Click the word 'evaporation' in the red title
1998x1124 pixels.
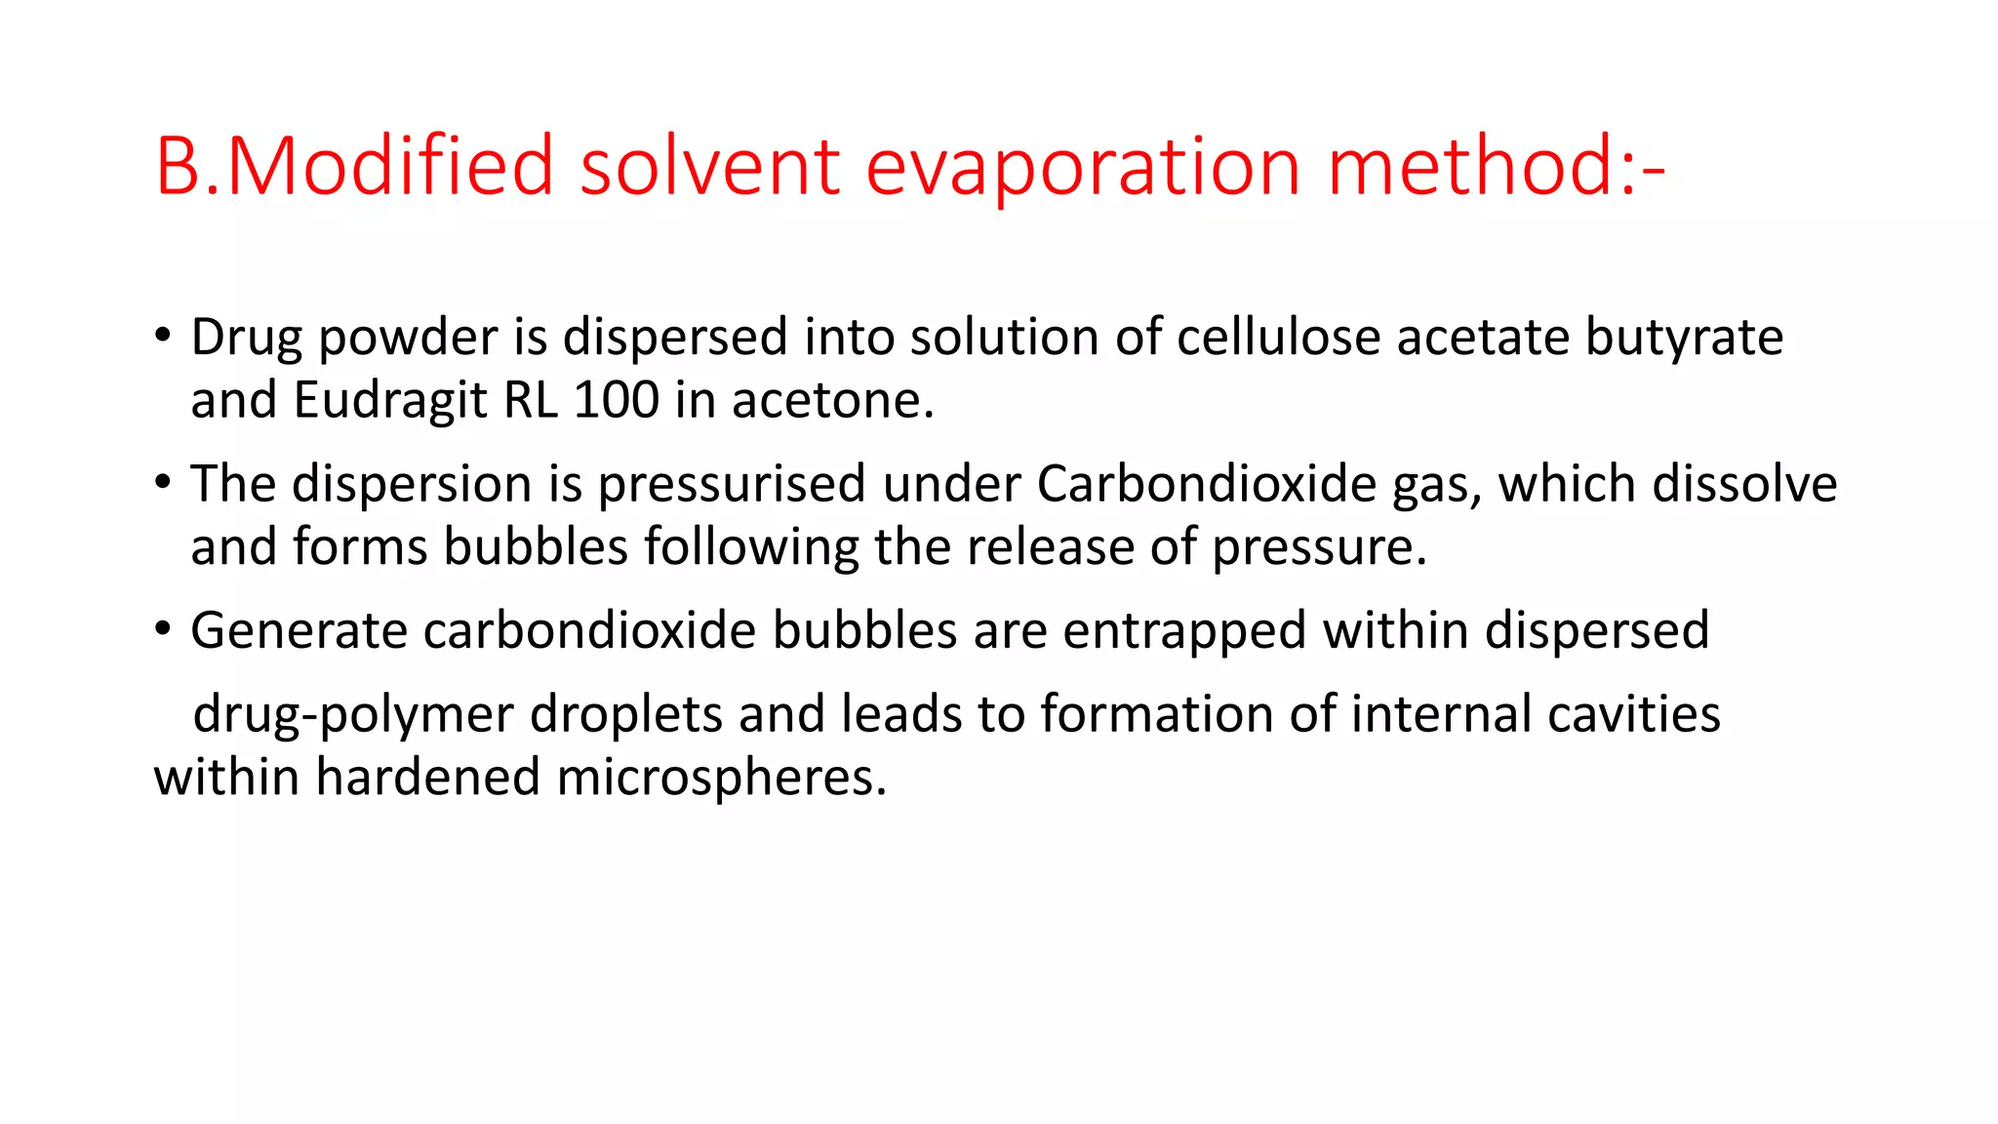point(1083,167)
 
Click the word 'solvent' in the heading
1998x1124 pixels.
point(709,167)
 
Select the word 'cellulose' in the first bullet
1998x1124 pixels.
point(1277,338)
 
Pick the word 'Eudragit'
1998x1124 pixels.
point(390,401)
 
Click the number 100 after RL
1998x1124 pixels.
point(616,400)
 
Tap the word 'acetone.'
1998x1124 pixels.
point(833,401)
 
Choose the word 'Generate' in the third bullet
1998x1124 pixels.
point(299,630)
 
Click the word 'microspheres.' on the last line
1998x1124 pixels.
point(721,779)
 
